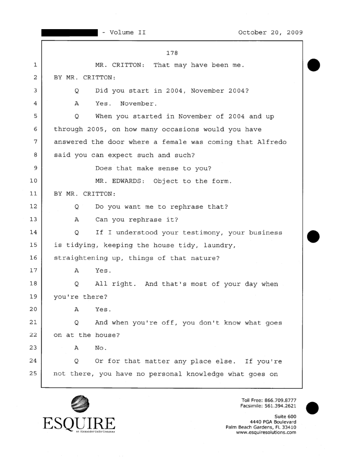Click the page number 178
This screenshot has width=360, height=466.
[x=172, y=53]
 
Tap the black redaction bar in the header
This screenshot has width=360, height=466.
[x=69, y=32]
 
